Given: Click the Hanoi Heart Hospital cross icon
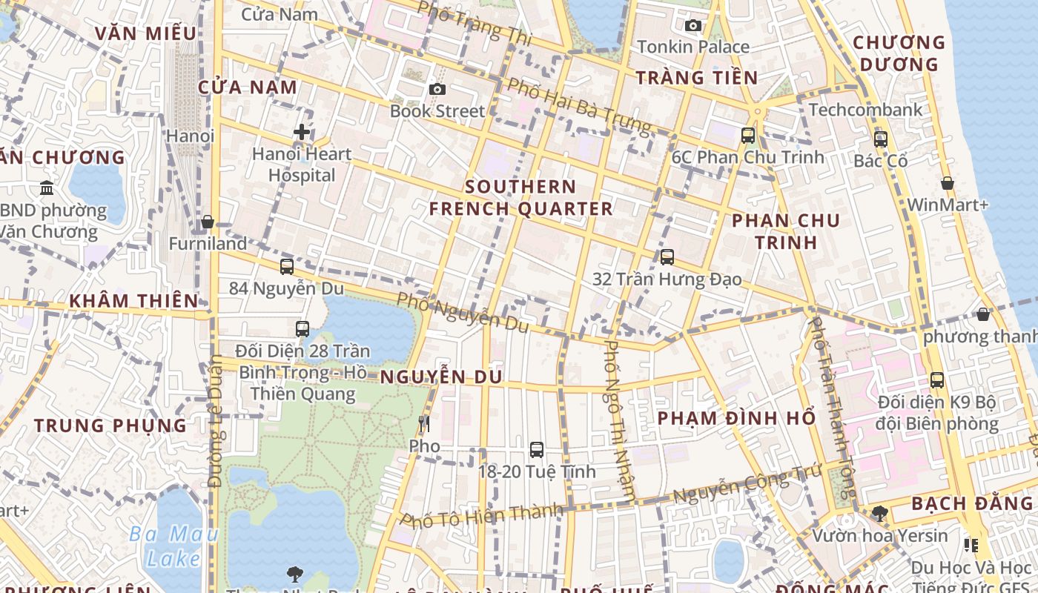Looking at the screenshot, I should pyautogui.click(x=301, y=132).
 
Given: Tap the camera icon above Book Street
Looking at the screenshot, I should pyautogui.click(x=437, y=90).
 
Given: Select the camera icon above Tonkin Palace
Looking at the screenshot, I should pyautogui.click(x=693, y=26).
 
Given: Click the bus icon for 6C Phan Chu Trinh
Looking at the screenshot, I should pyautogui.click(x=748, y=136).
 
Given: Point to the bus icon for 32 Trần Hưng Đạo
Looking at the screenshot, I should pyautogui.click(x=667, y=257).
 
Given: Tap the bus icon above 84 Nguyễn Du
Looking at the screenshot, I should pyautogui.click(x=287, y=267).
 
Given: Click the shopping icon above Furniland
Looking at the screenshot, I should pyautogui.click(x=208, y=222).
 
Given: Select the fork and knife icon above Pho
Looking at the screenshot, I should pyautogui.click(x=424, y=424).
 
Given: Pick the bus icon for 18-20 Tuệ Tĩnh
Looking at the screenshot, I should pyautogui.click(x=537, y=449).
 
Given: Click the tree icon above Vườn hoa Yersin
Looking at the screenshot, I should pyautogui.click(x=880, y=513).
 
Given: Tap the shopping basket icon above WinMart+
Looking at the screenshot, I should pyautogui.click(x=947, y=183).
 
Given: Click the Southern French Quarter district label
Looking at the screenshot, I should pyautogui.click(x=520, y=198).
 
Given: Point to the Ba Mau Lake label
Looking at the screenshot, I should pyautogui.click(x=173, y=546).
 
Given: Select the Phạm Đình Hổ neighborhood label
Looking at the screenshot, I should pyautogui.click(x=736, y=418).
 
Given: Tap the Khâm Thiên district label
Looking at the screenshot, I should pyautogui.click(x=133, y=301).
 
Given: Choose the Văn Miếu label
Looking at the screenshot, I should pyautogui.click(x=146, y=33).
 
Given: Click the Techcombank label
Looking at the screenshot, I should pyautogui.click(x=865, y=110).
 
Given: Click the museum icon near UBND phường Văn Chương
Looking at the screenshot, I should pyautogui.click(x=47, y=188).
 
